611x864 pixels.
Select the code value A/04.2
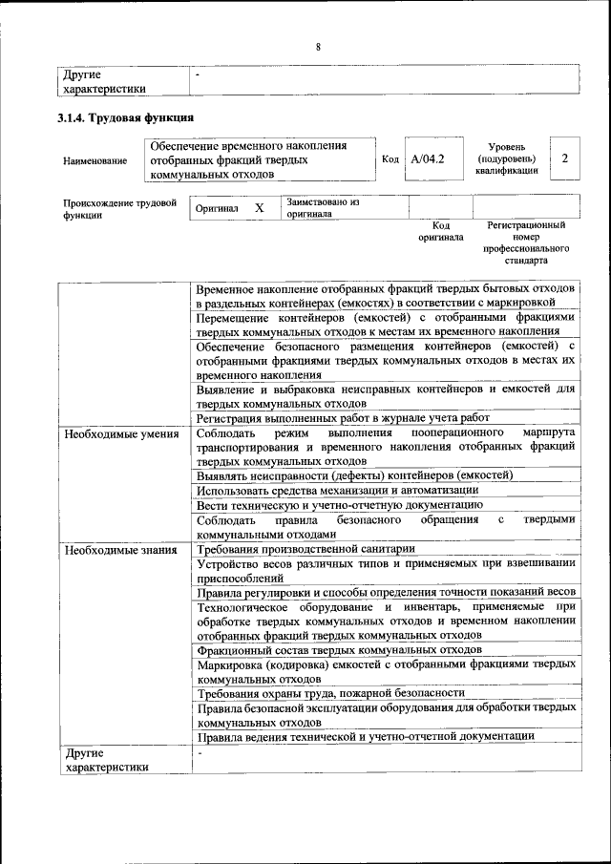tap(428, 159)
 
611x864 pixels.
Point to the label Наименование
tap(95, 161)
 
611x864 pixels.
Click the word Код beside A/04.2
tap(390, 159)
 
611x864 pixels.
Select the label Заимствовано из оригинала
tap(322, 208)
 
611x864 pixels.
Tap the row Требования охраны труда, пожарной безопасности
tap(330, 692)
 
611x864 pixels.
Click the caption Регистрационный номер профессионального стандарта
tap(526, 242)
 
